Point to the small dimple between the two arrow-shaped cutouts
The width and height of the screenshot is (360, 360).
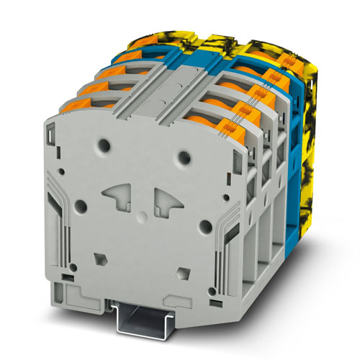click(x=143, y=201)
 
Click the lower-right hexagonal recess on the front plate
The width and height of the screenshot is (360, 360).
click(x=183, y=270)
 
